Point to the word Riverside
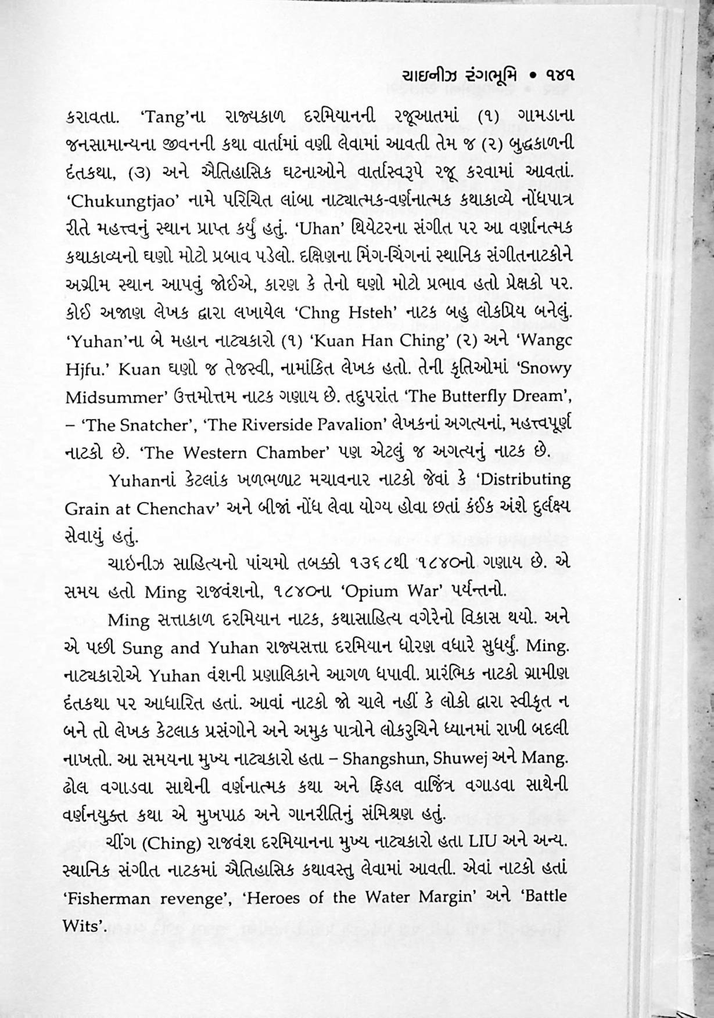283,425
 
